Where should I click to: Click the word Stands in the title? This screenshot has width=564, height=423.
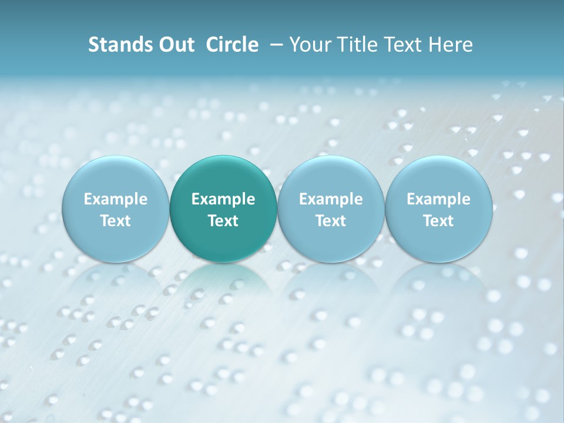[x=116, y=45]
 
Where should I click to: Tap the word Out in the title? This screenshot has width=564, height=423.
[x=175, y=45]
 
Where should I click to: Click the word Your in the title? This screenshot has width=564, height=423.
[x=309, y=45]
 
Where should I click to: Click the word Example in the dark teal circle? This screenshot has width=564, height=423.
[x=223, y=199]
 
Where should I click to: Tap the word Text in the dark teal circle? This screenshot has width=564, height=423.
[x=223, y=221]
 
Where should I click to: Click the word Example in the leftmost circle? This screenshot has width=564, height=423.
[x=115, y=199]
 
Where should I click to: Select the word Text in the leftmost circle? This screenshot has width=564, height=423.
[x=115, y=221]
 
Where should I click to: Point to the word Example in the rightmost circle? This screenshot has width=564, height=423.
[x=439, y=199]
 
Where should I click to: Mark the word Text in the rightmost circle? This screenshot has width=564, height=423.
[x=439, y=221]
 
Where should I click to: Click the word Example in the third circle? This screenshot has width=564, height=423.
[x=331, y=199]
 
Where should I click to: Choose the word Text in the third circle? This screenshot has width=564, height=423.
[x=331, y=221]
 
